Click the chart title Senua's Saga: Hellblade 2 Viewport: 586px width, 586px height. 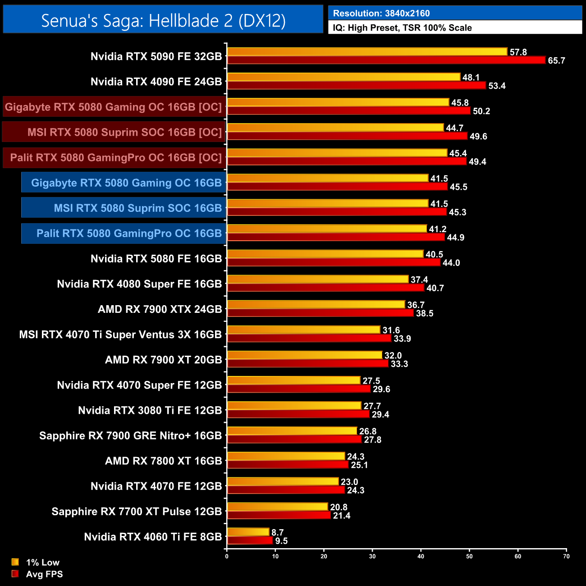163,20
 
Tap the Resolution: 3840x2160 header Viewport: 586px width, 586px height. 381,13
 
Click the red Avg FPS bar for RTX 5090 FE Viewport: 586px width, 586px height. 386,60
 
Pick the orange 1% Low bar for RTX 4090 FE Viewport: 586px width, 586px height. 343,77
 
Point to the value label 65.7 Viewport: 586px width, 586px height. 556,61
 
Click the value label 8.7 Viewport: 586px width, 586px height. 277,532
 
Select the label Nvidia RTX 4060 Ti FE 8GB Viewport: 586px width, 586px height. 153,537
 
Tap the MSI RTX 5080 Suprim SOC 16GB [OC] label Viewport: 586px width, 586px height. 124,132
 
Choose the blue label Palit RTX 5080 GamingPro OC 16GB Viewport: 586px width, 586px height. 129,233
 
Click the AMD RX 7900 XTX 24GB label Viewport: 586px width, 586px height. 160,309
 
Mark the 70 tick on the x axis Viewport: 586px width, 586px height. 566,556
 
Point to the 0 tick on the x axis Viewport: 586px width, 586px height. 227,556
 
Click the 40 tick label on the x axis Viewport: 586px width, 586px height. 421,556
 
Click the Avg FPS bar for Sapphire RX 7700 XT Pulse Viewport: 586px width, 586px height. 279,515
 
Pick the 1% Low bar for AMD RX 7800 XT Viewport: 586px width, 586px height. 286,456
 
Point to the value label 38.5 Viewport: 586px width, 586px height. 424,313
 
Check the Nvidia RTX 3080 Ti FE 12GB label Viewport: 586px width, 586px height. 150,410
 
